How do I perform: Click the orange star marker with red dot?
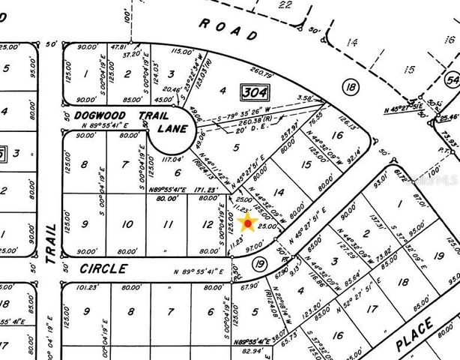[249, 223]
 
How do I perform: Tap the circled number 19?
[260, 263]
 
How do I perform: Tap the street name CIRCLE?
[95, 267]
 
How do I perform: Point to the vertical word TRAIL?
[50, 243]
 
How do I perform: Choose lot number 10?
[127, 224]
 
